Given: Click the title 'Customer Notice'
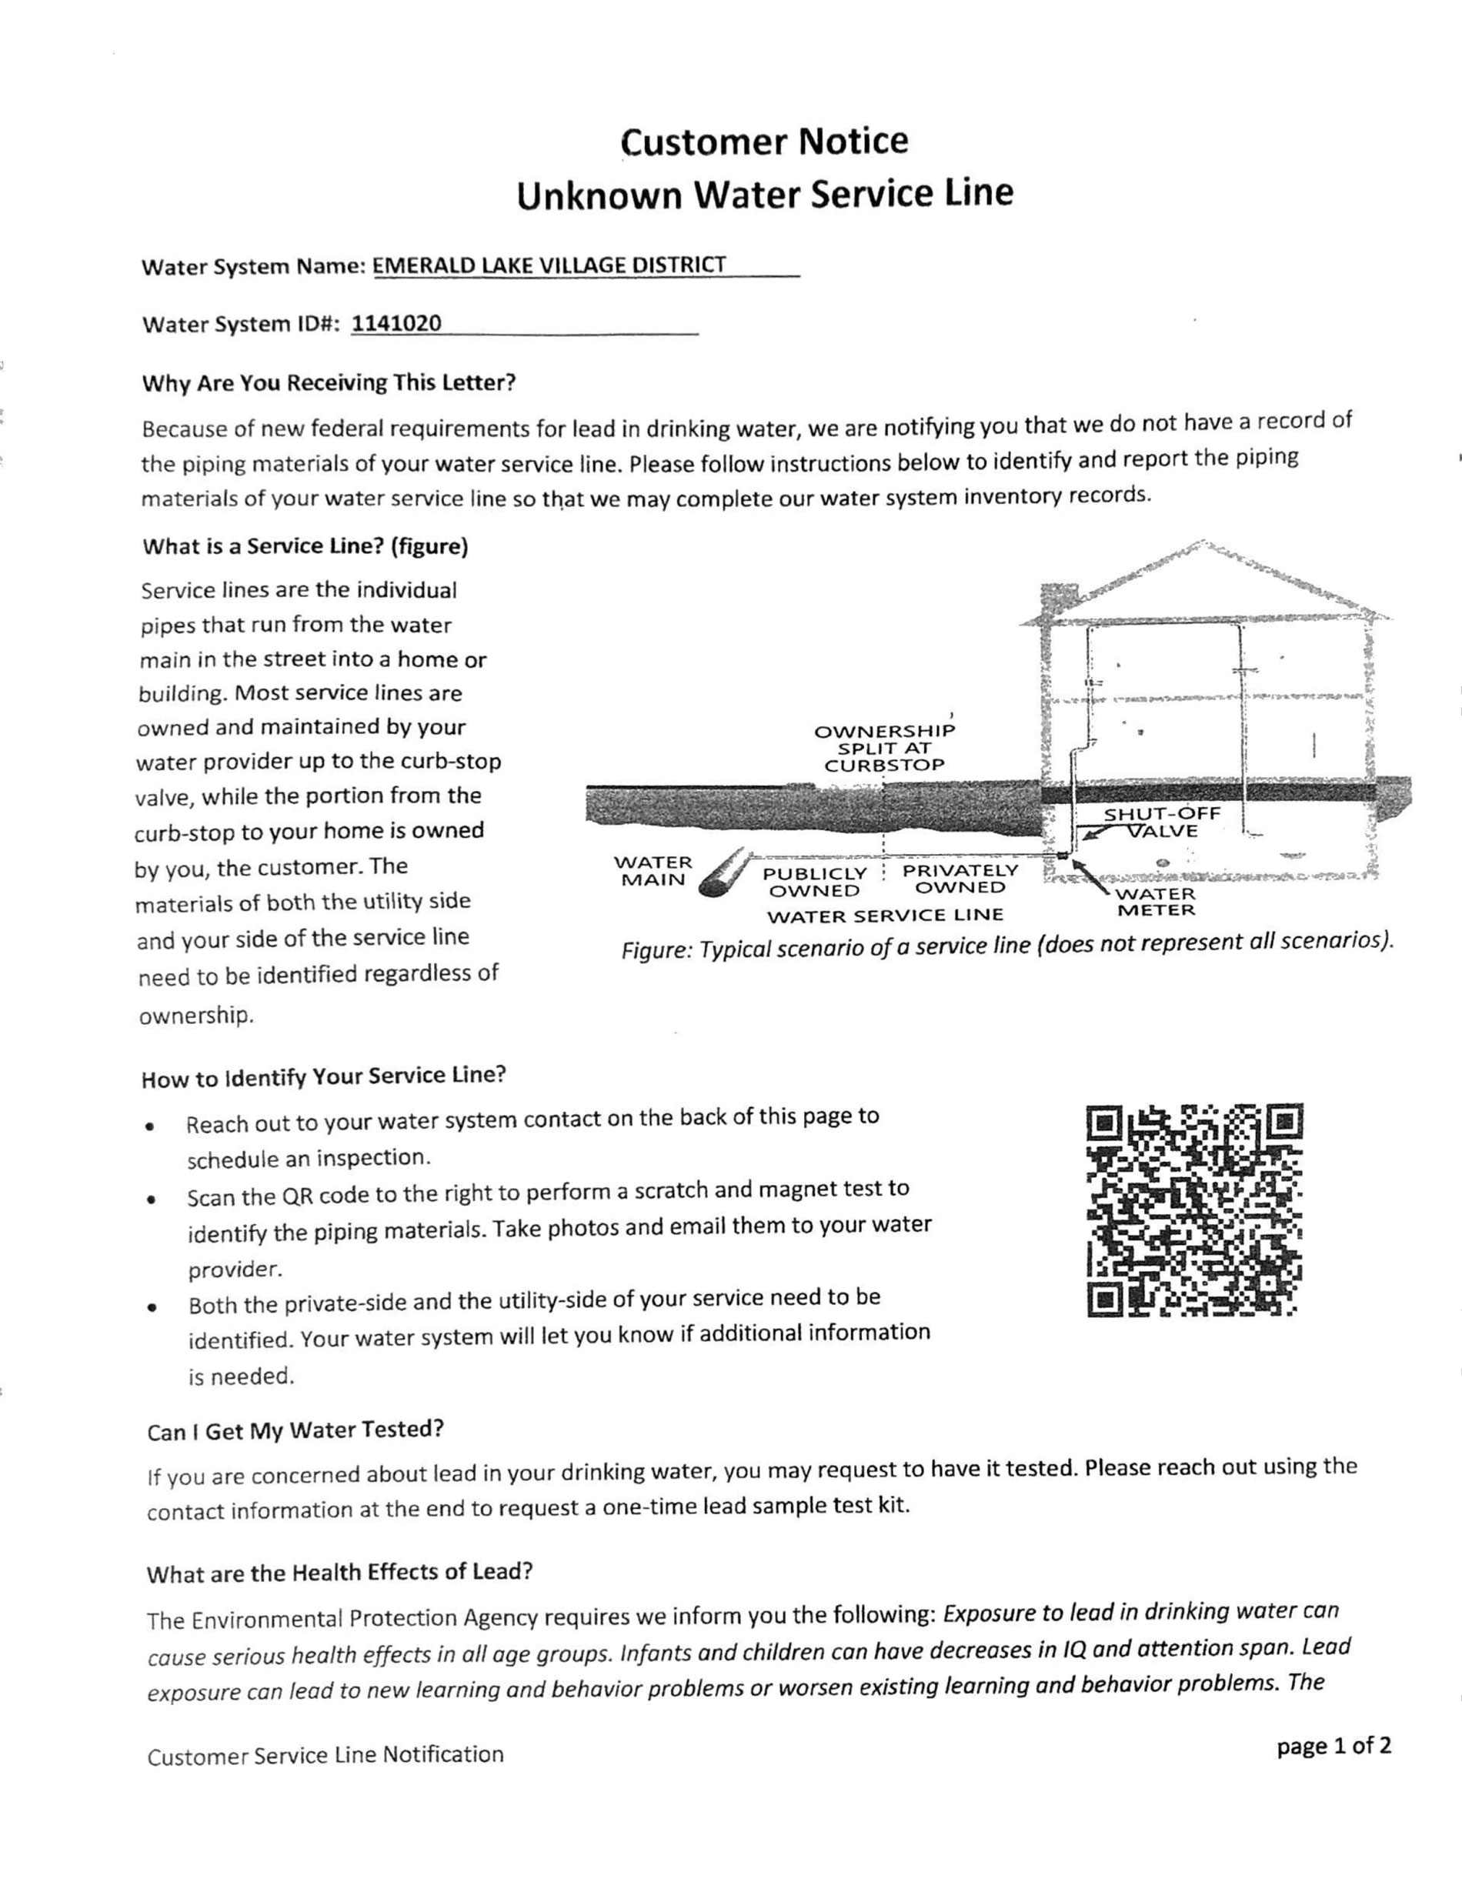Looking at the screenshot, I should click(764, 142).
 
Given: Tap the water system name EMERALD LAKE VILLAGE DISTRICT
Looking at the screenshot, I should click(549, 265).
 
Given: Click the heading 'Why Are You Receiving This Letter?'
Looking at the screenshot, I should click(329, 383).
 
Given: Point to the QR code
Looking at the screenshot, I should click(1194, 1210).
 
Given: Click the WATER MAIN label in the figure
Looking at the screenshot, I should click(653, 871).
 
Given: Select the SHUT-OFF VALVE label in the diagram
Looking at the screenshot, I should click(1161, 822).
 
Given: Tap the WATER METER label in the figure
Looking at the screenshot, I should click(1156, 902).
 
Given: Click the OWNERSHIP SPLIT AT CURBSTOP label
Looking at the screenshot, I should click(884, 748).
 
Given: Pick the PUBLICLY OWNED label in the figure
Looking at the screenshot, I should click(814, 882).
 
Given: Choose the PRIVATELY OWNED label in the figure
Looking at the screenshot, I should click(960, 879).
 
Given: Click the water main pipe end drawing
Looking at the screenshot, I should click(725, 873).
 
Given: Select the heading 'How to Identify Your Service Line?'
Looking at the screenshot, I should click(323, 1077).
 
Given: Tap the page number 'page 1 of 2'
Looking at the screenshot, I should click(1333, 1746).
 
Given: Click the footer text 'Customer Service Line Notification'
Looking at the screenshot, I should click(325, 1755).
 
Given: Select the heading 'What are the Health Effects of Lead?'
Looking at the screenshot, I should click(339, 1573).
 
